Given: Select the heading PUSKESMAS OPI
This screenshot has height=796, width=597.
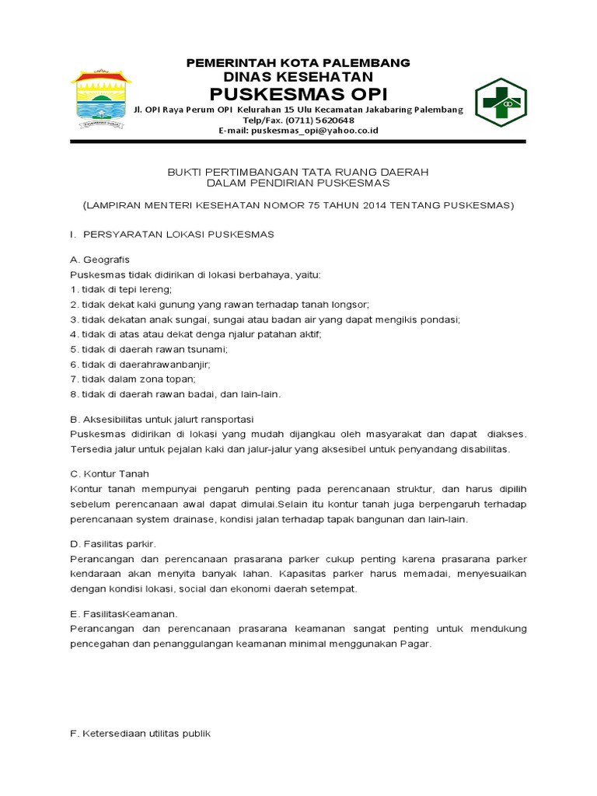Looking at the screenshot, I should point(299,95).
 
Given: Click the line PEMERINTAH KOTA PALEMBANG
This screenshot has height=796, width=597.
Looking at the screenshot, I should point(298,62).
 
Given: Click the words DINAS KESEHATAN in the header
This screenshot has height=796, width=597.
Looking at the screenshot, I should point(298,77).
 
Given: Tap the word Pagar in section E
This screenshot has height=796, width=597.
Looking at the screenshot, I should point(414,644).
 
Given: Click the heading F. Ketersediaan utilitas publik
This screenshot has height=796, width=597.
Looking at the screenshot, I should point(140,733).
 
